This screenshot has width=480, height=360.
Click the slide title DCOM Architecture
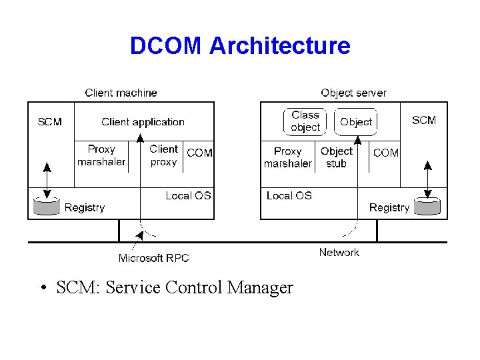[x=240, y=46]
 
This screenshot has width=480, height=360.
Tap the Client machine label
[x=121, y=93]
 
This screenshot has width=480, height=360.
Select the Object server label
[x=353, y=93]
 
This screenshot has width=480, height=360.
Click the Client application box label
[x=143, y=122]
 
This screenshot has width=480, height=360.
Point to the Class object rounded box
[x=305, y=121]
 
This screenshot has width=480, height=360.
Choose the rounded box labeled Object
[x=356, y=122]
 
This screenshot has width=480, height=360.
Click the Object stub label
[x=337, y=157]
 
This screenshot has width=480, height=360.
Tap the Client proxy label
[x=163, y=155]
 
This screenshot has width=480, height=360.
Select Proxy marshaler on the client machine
[x=101, y=156]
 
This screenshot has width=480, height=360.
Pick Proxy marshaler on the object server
[x=288, y=157]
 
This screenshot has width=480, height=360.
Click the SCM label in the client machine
[x=50, y=121]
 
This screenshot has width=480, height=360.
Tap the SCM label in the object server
[x=424, y=120]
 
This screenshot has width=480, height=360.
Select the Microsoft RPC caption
[x=154, y=258]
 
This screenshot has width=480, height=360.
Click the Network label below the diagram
[x=339, y=252]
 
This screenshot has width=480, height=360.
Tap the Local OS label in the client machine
[x=188, y=195]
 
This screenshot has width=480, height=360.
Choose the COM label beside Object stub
[x=386, y=153]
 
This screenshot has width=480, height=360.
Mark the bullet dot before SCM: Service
[x=42, y=289]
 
